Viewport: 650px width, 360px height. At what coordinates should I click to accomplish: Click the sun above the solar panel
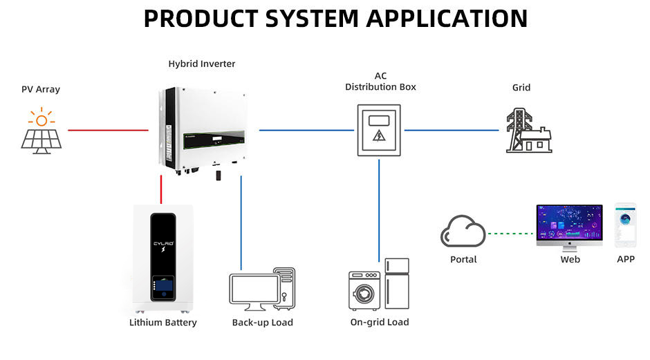point(41,119)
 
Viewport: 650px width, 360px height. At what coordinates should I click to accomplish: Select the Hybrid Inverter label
point(202,64)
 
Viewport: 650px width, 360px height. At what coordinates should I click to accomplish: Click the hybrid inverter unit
point(201,128)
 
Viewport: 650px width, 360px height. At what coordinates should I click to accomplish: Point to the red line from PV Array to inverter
point(109,130)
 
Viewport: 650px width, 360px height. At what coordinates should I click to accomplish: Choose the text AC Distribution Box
point(380,82)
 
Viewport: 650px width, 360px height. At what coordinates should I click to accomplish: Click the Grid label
point(521,88)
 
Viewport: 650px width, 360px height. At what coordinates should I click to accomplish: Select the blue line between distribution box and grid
point(451,130)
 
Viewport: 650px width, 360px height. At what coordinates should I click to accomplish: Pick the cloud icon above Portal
point(463,232)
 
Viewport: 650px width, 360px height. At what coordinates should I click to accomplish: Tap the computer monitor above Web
point(569,225)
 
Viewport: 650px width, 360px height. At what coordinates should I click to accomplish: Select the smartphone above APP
point(625,225)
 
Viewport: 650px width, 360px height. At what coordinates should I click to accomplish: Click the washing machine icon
point(365,290)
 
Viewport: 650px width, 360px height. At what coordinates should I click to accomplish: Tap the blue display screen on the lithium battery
point(163,285)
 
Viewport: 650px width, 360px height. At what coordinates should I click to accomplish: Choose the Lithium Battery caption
point(163,323)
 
